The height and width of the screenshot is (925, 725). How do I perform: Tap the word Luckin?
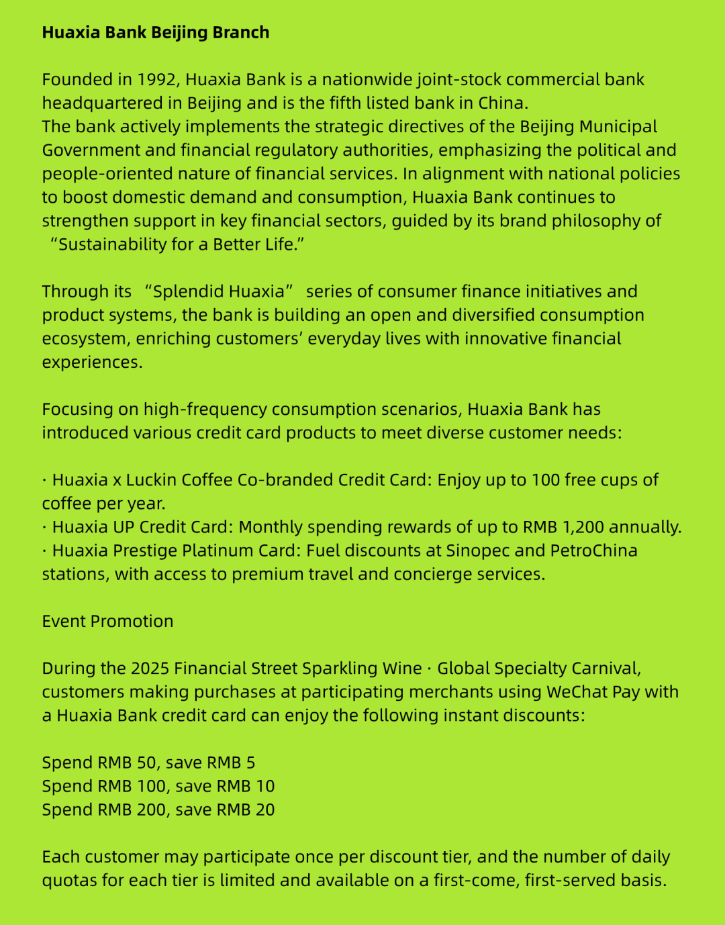click(x=151, y=480)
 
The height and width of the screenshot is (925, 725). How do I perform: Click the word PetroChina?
click(x=593, y=550)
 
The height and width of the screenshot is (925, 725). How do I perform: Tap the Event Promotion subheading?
click(x=107, y=621)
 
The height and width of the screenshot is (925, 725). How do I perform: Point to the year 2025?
click(x=150, y=669)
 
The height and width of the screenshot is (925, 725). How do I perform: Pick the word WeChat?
click(x=575, y=692)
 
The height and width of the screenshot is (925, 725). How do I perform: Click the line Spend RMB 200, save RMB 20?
click(x=158, y=810)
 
